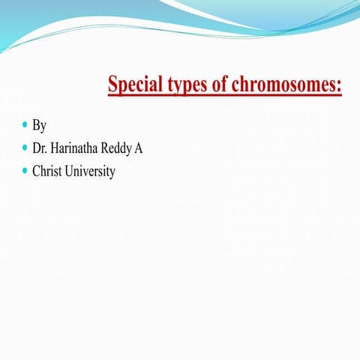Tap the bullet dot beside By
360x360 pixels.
click(25, 124)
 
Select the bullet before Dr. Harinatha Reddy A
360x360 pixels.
click(25, 147)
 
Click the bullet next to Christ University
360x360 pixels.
click(25, 170)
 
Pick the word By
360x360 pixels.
click(40, 125)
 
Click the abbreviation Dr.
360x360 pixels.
click(40, 148)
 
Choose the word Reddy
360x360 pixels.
click(118, 148)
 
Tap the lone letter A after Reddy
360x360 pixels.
click(139, 148)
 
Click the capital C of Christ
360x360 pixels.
click(36, 171)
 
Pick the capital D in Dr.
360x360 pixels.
click(37, 148)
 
